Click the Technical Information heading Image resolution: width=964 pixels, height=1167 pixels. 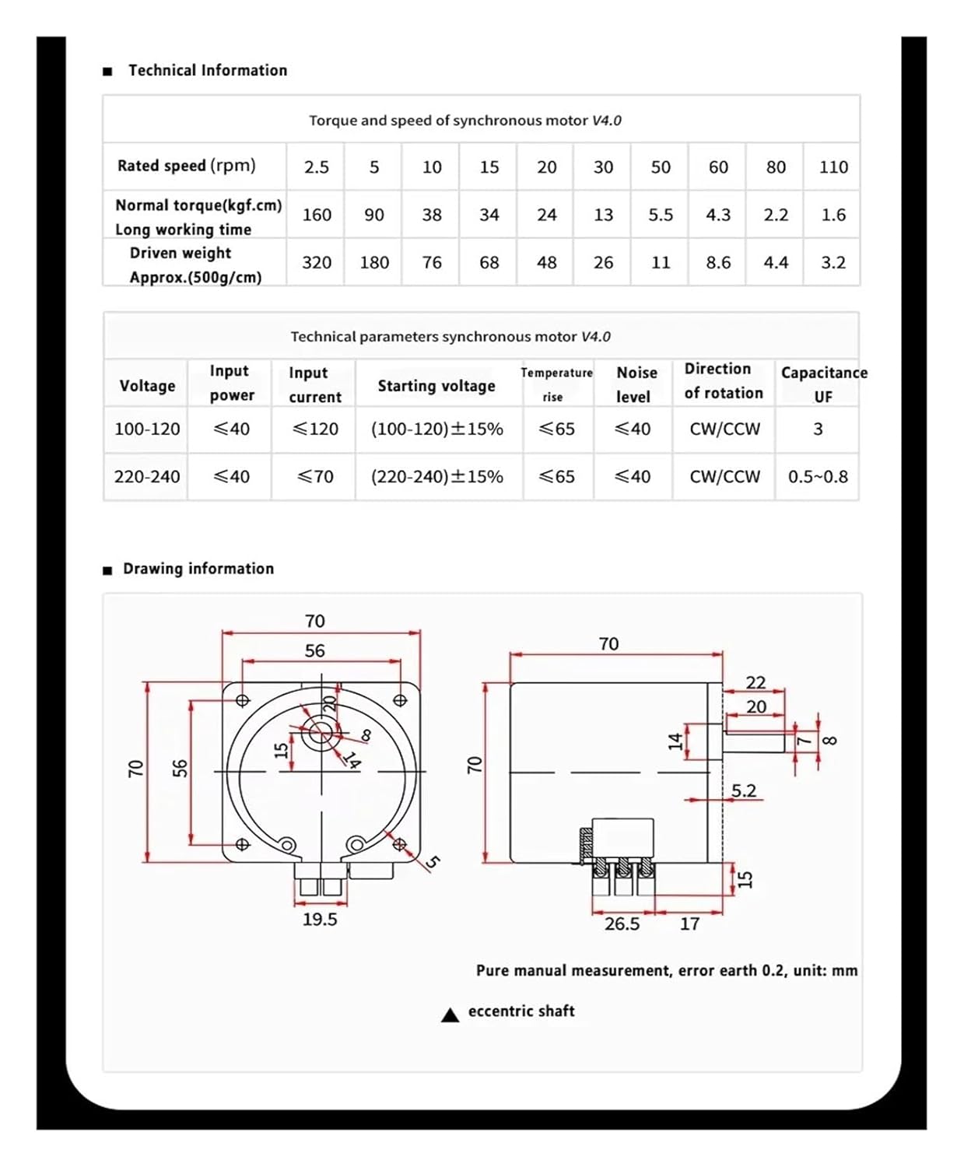tap(207, 71)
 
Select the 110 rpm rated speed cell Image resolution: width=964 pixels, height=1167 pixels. tap(833, 167)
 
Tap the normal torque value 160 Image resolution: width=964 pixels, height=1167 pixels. tap(317, 215)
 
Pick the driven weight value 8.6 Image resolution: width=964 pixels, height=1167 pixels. tap(717, 263)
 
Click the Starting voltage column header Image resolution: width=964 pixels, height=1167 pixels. tap(436, 386)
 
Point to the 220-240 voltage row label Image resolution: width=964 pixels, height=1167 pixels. tap(146, 477)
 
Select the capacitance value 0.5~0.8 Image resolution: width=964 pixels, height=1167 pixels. tap(817, 477)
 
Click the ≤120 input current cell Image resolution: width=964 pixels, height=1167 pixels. tap(315, 429)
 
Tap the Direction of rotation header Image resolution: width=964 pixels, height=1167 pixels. tap(723, 381)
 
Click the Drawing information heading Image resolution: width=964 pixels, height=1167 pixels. tap(198, 569)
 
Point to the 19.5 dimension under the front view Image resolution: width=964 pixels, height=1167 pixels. tap(320, 920)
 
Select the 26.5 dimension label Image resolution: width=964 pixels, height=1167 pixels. tap(622, 924)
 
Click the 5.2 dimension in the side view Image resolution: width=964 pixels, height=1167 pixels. tap(743, 791)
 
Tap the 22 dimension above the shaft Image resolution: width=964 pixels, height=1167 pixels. tap(755, 683)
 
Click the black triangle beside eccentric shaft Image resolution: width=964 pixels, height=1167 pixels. tap(450, 1015)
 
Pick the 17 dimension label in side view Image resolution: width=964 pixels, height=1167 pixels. tap(689, 924)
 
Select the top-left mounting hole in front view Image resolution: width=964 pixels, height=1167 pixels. tap(242, 700)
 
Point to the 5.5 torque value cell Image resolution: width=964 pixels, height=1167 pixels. tap(660, 215)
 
